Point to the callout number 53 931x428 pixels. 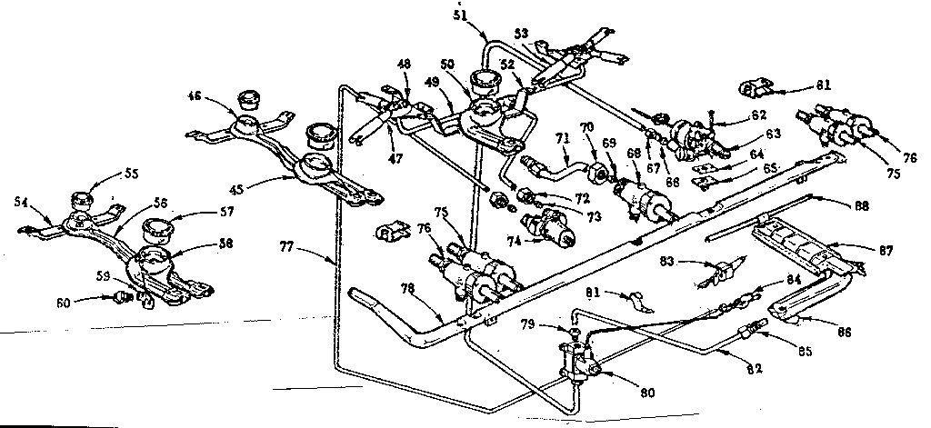(x=521, y=33)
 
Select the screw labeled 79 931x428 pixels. (x=575, y=331)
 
